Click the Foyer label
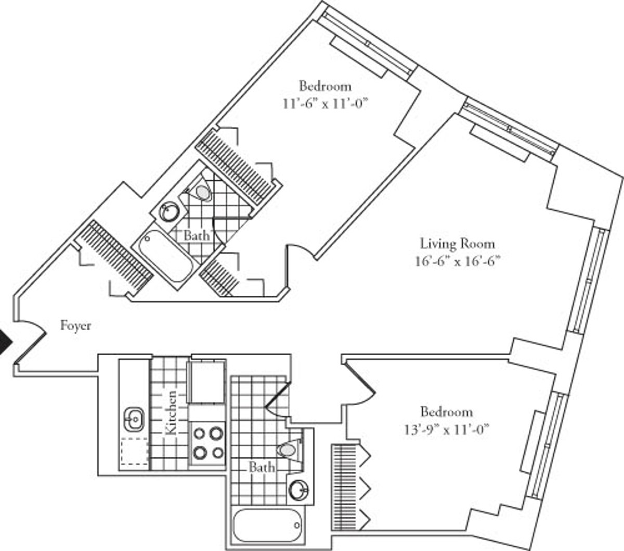(76, 326)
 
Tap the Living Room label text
(457, 243)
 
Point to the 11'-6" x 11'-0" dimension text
(325, 103)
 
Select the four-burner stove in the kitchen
(208, 442)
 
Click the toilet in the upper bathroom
(202, 193)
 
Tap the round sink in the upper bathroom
(169, 211)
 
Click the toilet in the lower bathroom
(289, 448)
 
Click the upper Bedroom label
(325, 85)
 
